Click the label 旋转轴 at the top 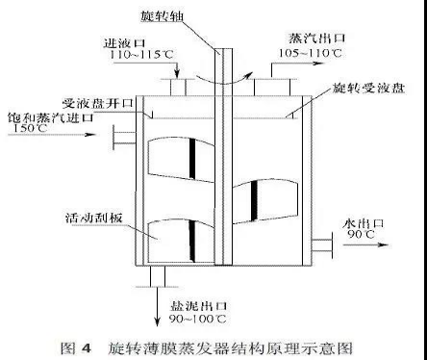pos(162,15)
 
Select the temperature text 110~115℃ pos(141,55)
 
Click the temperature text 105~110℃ pos(310,53)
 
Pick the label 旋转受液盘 pos(368,88)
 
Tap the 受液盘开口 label pos(98,103)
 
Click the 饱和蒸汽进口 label pos(50,117)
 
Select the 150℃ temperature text pos(30,128)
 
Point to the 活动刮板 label pos(94,218)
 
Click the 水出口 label pos(363,223)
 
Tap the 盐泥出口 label pos(198,306)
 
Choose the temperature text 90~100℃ pos(198,319)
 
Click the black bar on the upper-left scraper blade pos(192,159)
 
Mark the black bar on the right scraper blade pos(254,201)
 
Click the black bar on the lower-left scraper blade pos(192,241)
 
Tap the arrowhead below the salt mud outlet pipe pos(157,321)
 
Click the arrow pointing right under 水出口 pos(366,244)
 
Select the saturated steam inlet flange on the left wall pos(124,138)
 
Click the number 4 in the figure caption pos(87,348)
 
